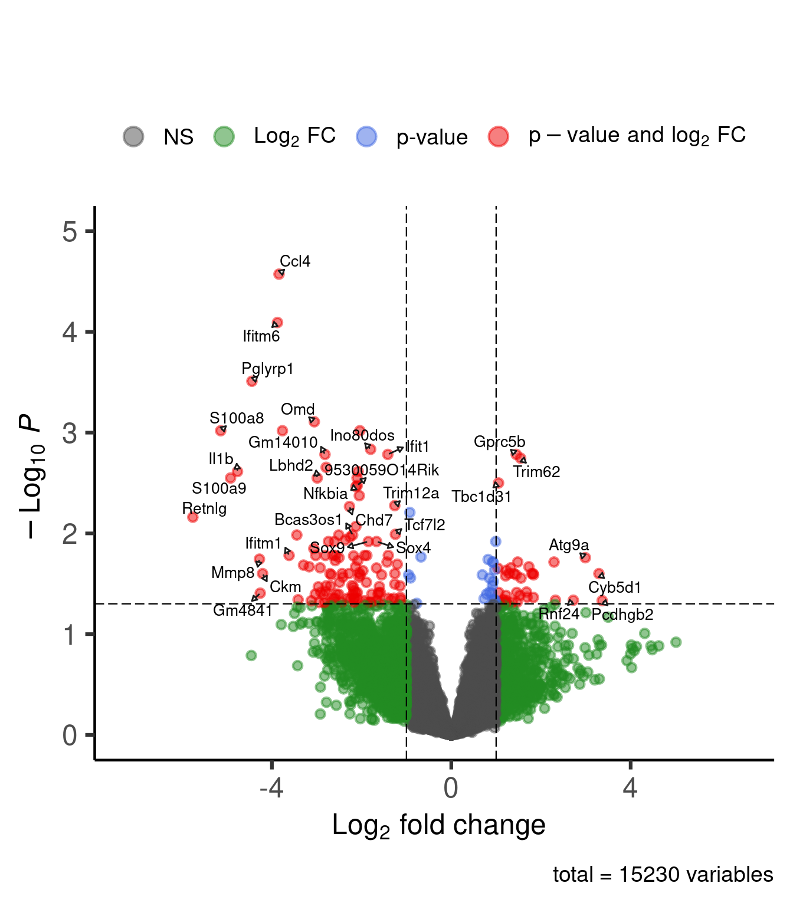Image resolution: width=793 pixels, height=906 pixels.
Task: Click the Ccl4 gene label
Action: [295, 261]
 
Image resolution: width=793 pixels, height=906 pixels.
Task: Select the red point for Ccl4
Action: [279, 274]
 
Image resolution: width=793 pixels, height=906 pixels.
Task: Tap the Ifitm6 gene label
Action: [261, 336]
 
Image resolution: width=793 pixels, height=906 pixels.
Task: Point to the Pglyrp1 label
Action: [267, 369]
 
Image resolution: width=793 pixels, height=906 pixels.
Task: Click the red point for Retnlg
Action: [192, 517]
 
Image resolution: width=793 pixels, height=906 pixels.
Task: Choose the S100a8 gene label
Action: [237, 418]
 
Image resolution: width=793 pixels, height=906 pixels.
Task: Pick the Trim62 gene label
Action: [536, 472]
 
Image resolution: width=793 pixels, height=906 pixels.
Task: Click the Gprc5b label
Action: [499, 442]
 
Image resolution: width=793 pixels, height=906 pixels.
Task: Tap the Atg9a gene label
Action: [569, 545]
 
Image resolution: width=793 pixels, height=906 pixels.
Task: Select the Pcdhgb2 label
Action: [622, 615]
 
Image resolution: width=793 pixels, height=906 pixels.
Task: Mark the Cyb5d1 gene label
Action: [614, 587]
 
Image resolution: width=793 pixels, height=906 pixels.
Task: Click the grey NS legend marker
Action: [133, 136]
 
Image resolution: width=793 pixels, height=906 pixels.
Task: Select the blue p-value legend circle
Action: [366, 136]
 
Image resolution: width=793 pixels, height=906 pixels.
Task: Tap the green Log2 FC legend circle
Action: [224, 136]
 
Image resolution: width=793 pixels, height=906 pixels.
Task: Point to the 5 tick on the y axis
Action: [70, 232]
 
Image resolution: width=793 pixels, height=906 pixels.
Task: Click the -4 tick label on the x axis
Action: [271, 788]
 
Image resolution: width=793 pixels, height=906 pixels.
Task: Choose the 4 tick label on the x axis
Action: [630, 788]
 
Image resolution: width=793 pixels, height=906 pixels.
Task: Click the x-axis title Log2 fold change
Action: [438, 825]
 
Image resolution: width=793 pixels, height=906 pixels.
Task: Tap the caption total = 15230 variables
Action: [663, 875]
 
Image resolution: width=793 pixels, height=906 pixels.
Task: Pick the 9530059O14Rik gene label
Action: [382, 470]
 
